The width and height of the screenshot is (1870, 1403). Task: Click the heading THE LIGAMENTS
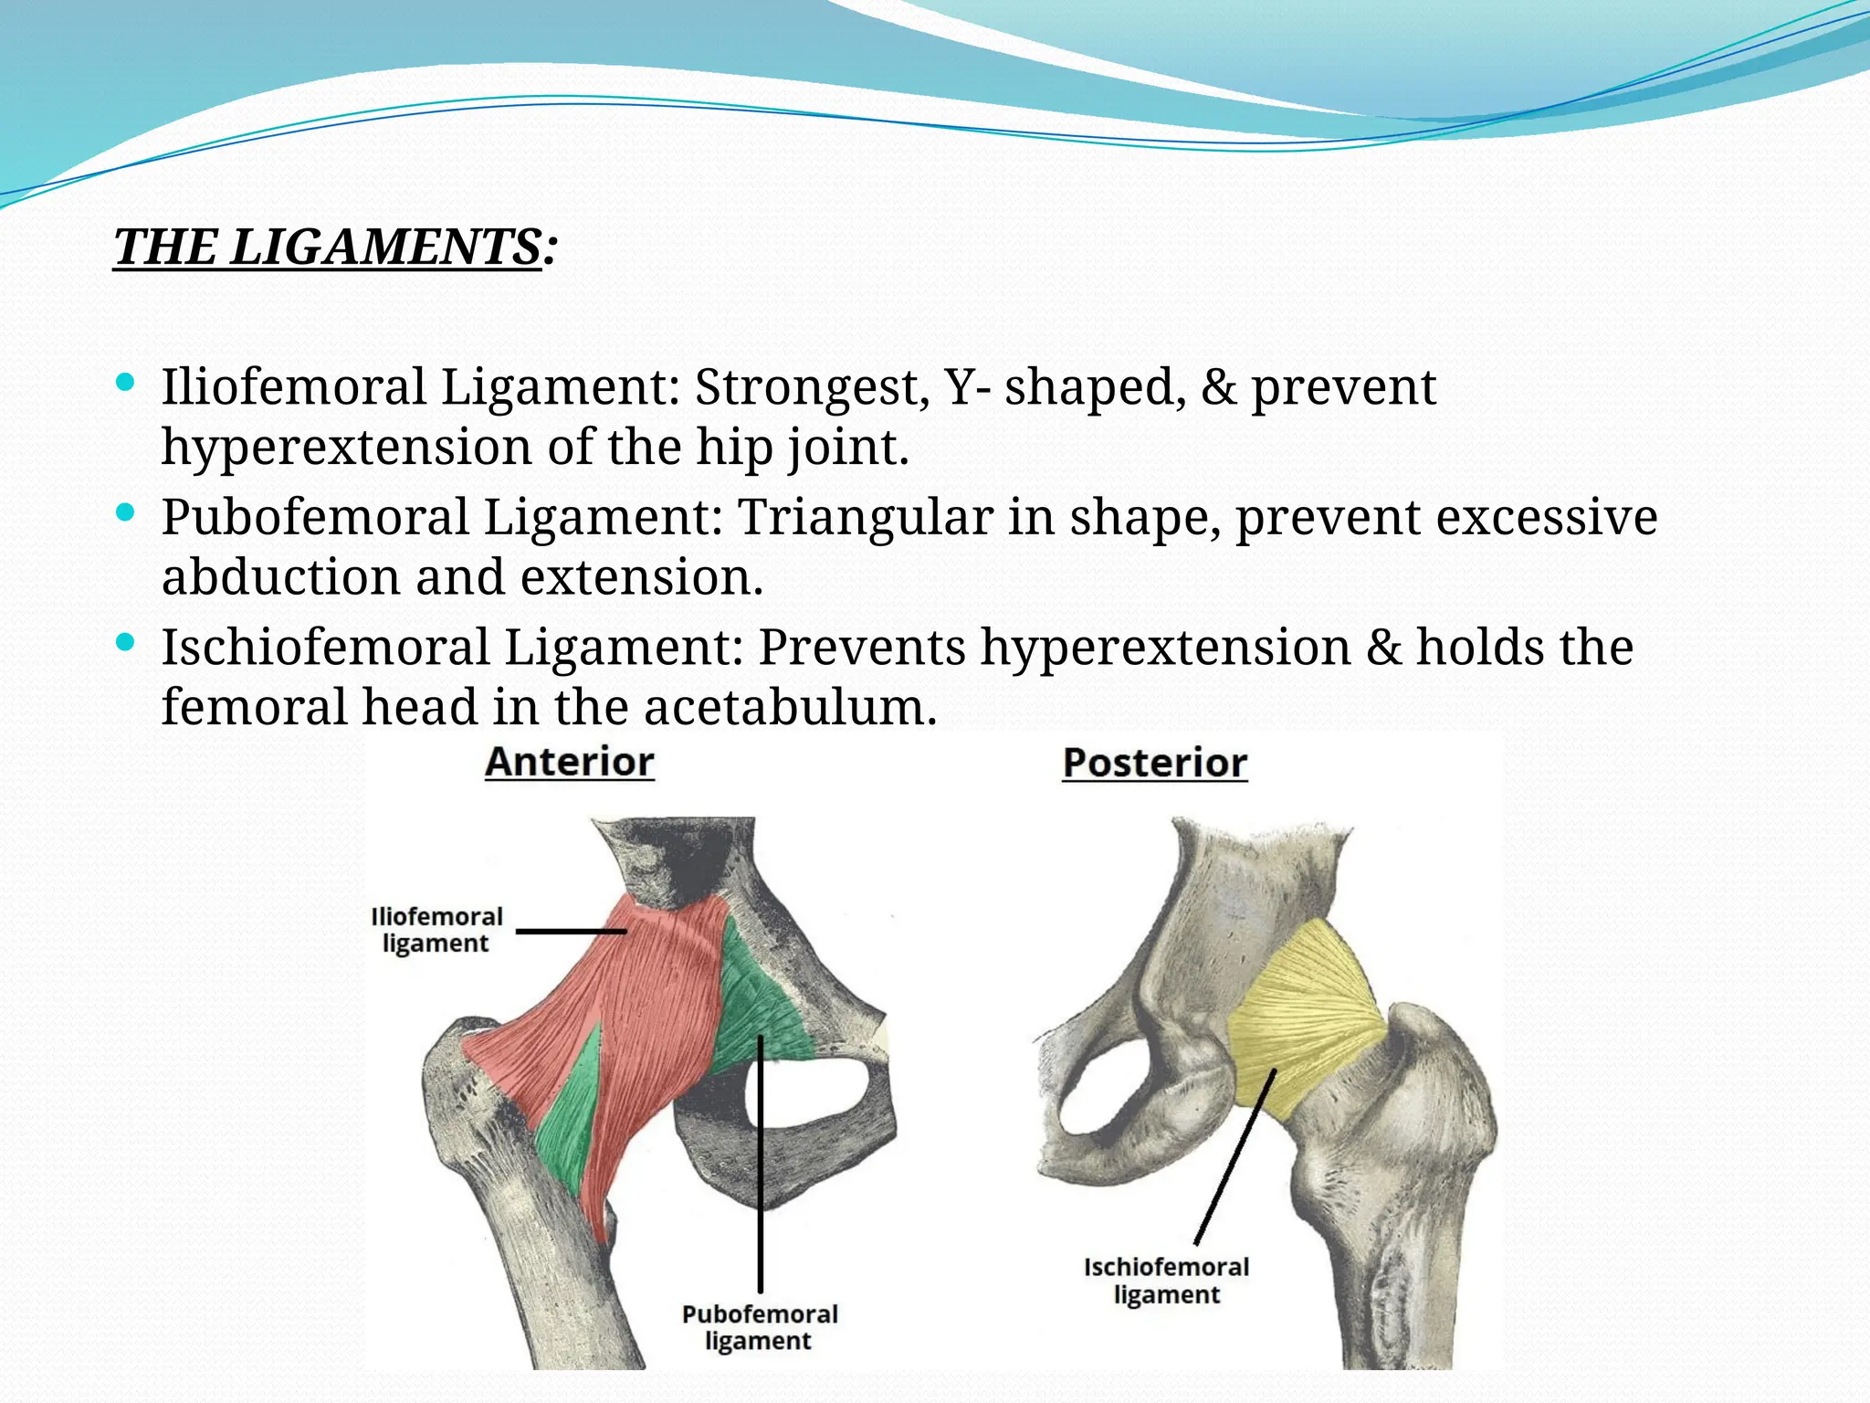click(x=329, y=248)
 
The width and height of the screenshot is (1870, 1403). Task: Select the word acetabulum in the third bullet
click(x=790, y=707)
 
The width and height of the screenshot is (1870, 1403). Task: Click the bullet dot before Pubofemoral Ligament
click(x=127, y=512)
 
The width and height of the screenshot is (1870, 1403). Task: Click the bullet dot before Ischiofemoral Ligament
click(x=127, y=643)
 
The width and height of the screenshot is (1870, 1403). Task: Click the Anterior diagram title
click(x=569, y=763)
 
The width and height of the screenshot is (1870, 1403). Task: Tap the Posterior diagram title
click(x=1155, y=764)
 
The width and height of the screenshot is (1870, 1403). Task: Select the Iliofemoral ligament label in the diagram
click(x=436, y=930)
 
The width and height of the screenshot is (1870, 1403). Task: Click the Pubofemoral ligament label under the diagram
click(x=760, y=1327)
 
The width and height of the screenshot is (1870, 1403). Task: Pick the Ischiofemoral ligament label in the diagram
click(x=1166, y=1281)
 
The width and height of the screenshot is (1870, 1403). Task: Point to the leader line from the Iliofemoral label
click(x=571, y=932)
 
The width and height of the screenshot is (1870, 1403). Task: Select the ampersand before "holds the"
click(x=1383, y=648)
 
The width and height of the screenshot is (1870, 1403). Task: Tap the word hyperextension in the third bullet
click(x=1166, y=648)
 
